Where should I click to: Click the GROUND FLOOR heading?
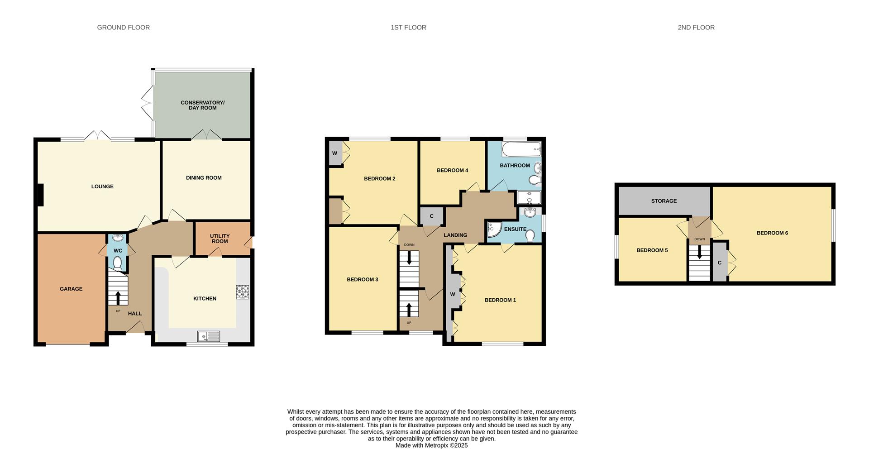point(123,28)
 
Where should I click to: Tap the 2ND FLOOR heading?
point(696,28)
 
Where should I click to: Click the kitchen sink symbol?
point(209,336)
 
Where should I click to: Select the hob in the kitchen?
point(242,292)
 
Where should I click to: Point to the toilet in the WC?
point(118,263)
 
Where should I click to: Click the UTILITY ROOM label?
point(220,239)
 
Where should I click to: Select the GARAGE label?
point(71,289)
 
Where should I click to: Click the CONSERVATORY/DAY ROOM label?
point(202,105)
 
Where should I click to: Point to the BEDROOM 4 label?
point(452,171)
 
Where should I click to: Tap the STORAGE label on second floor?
point(664,201)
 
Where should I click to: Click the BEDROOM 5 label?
point(652,250)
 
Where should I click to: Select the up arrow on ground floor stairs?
point(118,297)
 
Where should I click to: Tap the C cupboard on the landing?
point(431,216)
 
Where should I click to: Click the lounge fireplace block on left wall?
point(40,195)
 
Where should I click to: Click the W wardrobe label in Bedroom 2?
point(334,153)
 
